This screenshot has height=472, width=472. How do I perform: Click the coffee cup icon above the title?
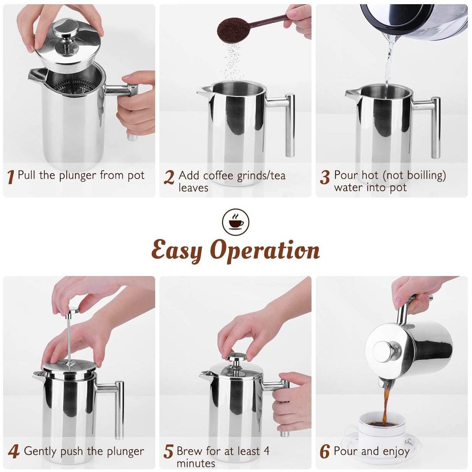pyautogui.click(x=236, y=222)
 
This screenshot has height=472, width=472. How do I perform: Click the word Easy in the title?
pyautogui.click(x=177, y=250)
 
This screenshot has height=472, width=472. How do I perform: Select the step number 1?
pyautogui.click(x=11, y=177)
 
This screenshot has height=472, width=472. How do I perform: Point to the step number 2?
pyautogui.click(x=169, y=177)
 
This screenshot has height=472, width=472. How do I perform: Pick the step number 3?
pyautogui.click(x=325, y=177)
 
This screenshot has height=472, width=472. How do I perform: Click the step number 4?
pyautogui.click(x=14, y=452)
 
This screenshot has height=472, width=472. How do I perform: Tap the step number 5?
pyautogui.click(x=169, y=452)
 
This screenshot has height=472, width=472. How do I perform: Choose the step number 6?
pyautogui.click(x=325, y=452)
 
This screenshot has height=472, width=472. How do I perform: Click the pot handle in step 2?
pyautogui.click(x=283, y=120)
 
